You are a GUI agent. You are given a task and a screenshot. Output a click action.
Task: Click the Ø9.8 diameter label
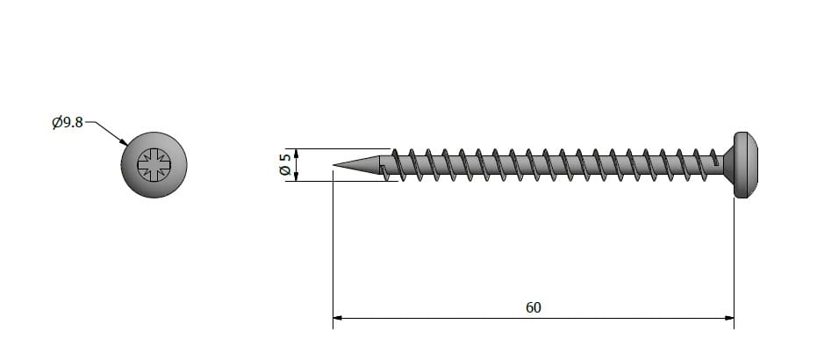[x=68, y=122]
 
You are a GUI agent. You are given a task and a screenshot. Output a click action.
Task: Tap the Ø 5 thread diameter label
[x=285, y=164]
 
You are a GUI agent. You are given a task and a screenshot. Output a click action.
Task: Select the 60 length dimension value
[x=534, y=307]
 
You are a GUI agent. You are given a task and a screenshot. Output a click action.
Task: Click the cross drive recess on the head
[x=154, y=164]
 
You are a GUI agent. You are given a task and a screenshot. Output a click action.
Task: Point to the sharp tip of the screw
[x=333, y=165]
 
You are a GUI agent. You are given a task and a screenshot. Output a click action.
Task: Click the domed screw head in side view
[x=746, y=165]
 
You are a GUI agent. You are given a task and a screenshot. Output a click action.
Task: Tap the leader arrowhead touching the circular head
[x=123, y=141]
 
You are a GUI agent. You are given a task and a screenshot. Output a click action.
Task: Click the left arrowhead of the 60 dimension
[x=338, y=318]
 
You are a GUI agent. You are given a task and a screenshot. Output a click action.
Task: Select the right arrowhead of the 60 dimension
[x=729, y=318]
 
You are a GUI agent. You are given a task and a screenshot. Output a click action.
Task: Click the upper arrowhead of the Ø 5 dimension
[x=297, y=154]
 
